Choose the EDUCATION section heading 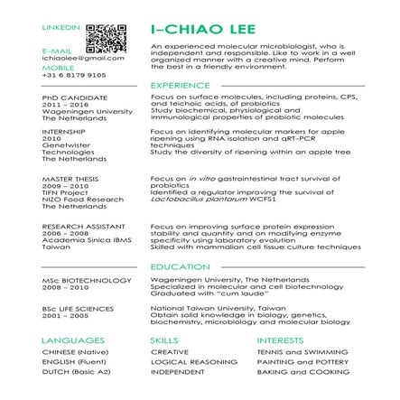(x=172, y=267)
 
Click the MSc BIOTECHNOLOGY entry (x=75, y=281)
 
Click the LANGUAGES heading (x=67, y=340)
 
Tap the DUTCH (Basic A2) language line (x=65, y=369)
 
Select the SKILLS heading (x=159, y=341)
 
